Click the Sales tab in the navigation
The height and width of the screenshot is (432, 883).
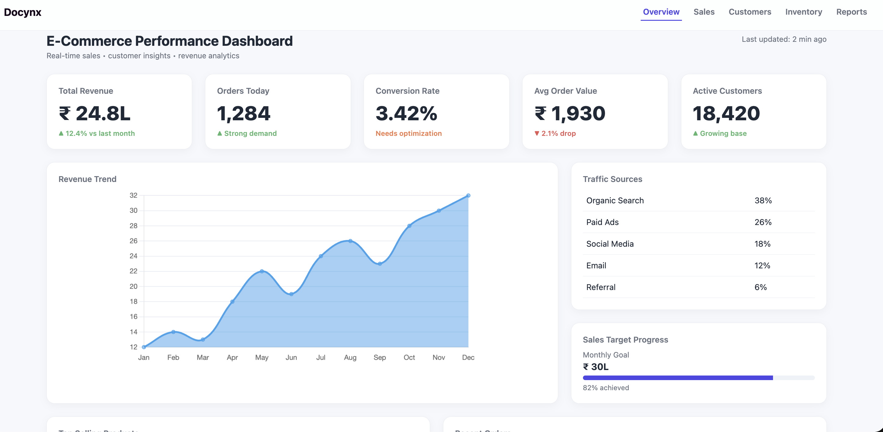[704, 12]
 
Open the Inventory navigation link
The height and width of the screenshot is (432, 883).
[804, 12]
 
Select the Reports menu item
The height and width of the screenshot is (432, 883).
[851, 12]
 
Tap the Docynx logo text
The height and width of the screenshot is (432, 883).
[23, 12]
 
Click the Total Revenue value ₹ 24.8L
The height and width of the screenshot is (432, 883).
[95, 113]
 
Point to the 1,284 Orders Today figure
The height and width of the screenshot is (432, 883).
[244, 113]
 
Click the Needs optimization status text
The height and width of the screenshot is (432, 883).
[408, 133]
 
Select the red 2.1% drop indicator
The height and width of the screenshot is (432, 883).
[555, 133]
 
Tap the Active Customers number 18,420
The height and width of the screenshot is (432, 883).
[726, 113]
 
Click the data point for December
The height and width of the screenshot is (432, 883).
[468, 196]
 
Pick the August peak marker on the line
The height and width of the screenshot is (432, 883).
[350, 241]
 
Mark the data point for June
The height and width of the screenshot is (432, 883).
[291, 294]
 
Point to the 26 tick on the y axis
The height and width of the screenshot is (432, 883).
[133, 241]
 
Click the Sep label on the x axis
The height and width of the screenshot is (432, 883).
[379, 357]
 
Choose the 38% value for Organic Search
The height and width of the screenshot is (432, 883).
[763, 200]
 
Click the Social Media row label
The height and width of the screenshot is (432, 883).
[610, 244]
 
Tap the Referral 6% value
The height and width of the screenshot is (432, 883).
[760, 287]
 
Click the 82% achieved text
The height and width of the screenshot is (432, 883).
[606, 387]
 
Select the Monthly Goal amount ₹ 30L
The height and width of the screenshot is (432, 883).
[596, 367]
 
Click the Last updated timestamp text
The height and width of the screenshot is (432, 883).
[784, 39]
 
